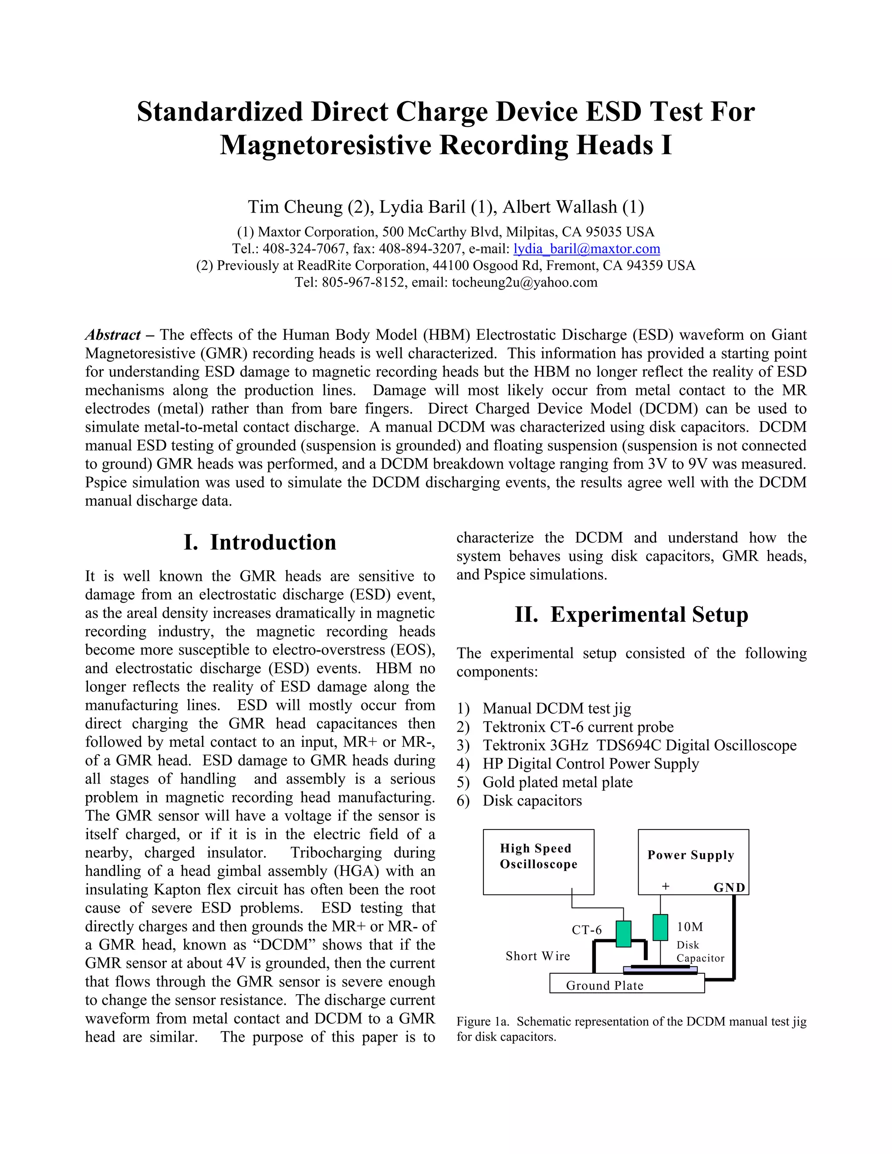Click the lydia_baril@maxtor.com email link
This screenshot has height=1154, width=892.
click(x=587, y=249)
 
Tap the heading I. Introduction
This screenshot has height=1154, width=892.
click(x=260, y=542)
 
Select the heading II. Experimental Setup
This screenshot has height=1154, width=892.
click(x=632, y=614)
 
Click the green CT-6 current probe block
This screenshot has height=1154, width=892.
click(x=624, y=934)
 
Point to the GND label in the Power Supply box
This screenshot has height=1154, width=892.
click(x=729, y=887)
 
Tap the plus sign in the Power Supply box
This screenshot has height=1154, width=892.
click(x=666, y=887)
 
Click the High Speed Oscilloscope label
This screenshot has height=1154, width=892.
click(x=538, y=856)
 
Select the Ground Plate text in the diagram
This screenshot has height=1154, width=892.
click(x=605, y=985)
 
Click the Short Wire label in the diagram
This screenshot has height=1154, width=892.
click(x=537, y=956)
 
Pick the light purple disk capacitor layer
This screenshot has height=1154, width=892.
click(x=661, y=971)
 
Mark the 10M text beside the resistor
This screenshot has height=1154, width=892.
click(x=689, y=927)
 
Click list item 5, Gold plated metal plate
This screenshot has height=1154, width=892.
click(x=557, y=782)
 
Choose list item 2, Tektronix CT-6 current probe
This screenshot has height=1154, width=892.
click(x=578, y=727)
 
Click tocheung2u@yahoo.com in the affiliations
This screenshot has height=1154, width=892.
click(x=524, y=283)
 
